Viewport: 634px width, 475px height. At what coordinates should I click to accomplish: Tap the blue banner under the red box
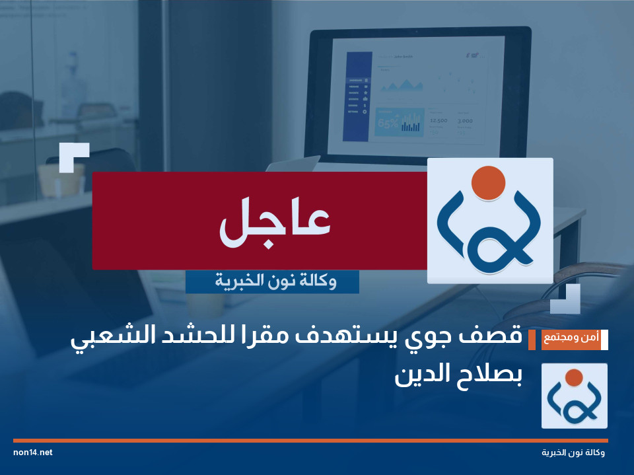coord(272,282)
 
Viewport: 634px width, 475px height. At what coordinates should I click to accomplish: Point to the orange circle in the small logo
coord(574,378)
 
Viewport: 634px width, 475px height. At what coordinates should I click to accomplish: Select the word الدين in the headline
coord(419,375)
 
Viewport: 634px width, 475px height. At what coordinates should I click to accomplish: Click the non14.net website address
coord(32,453)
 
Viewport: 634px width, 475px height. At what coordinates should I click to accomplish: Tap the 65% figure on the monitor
coord(388,123)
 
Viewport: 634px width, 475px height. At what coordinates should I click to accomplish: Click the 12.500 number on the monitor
coord(439,121)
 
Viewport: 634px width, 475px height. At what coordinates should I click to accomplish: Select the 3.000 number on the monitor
coord(465,121)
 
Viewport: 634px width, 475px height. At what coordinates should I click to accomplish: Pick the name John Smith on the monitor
coord(404,57)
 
